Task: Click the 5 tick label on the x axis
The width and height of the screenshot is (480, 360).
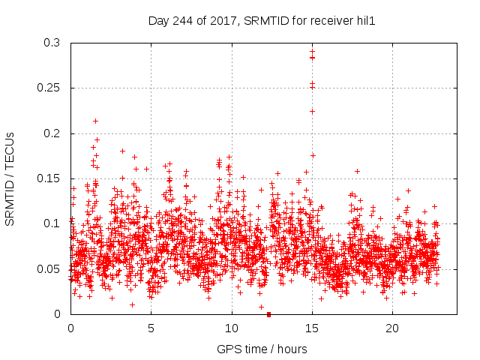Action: tap(151, 328)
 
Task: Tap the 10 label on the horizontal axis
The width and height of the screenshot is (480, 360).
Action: tap(232, 328)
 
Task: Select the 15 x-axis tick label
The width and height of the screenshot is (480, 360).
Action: tap(312, 328)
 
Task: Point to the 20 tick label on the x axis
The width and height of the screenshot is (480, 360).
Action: tap(392, 328)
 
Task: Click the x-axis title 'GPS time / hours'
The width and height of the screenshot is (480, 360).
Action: tap(263, 349)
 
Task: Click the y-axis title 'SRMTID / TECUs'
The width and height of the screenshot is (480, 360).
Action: tap(10, 178)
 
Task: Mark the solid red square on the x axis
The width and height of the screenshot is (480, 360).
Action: tap(268, 313)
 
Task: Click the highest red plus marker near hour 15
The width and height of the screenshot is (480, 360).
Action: tap(312, 52)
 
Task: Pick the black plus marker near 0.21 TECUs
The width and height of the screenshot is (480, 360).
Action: tap(95, 121)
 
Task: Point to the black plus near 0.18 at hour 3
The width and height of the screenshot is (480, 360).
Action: tap(122, 151)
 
